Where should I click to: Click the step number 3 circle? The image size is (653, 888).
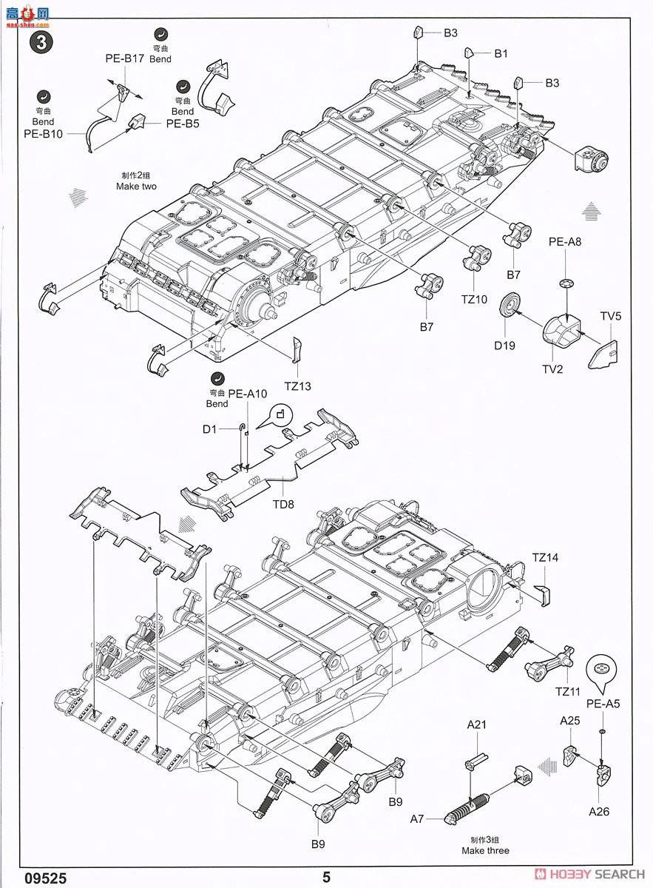41,41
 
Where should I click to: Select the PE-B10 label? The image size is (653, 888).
43,134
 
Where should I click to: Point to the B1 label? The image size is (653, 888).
501,53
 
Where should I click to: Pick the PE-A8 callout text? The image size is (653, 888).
564,241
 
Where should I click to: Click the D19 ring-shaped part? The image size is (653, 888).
509,305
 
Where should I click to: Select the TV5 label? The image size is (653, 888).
611,316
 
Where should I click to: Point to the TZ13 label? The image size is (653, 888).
298,386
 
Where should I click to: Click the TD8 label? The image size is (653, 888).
283,504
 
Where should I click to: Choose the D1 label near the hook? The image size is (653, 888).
211,428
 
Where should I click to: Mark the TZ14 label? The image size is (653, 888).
545,557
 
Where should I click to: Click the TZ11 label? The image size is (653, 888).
560,691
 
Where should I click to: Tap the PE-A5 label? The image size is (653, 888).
603,704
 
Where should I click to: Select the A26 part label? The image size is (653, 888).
599,811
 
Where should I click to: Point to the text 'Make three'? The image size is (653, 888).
486,850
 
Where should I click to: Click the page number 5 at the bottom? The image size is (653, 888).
326,878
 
